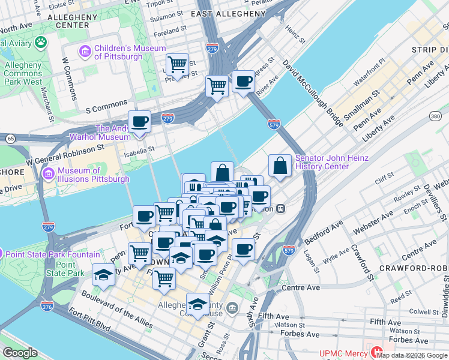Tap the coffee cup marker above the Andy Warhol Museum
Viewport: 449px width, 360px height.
coord(140,121)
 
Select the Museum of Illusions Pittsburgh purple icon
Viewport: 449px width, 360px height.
coord(49,175)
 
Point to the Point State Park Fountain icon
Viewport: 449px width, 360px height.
coord(1,254)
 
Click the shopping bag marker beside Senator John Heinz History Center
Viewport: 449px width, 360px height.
coord(280,166)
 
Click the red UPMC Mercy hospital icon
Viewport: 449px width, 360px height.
coord(377,352)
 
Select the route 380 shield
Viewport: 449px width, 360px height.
coord(436,116)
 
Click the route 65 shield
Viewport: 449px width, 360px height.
coord(10,138)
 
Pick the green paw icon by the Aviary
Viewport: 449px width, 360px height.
coord(41,42)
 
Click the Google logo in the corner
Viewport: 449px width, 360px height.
coord(20,353)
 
